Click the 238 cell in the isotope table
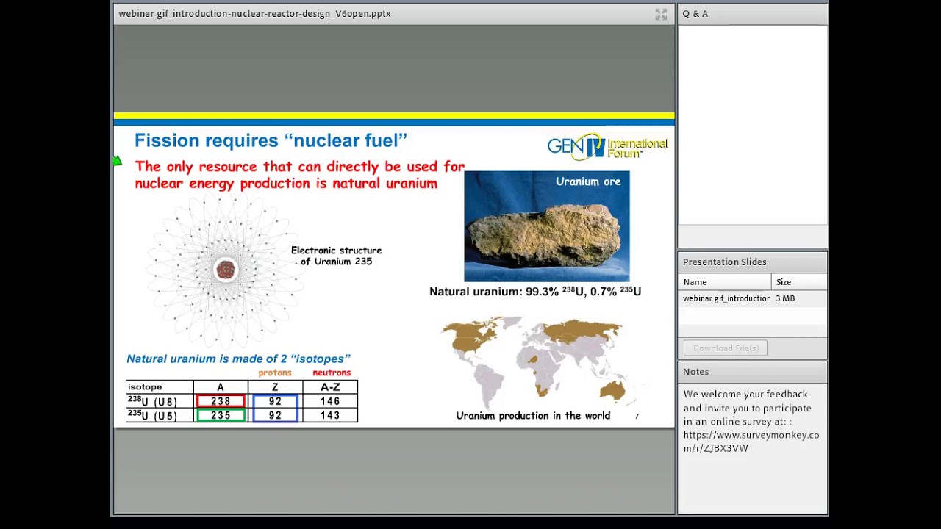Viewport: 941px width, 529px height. tap(221, 401)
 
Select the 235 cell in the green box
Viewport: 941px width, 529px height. tap(221, 415)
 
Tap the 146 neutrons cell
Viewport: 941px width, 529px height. tap(330, 401)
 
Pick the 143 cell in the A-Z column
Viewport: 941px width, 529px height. tap(330, 415)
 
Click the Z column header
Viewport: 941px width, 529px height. tap(275, 387)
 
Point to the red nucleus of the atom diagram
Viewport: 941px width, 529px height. tap(226, 270)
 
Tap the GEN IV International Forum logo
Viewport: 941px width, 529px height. tap(607, 146)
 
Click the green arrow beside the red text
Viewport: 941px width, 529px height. tap(118, 161)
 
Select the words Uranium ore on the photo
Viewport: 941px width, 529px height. tap(587, 181)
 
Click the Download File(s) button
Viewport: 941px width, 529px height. tap(725, 348)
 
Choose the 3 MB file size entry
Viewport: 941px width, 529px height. tap(785, 298)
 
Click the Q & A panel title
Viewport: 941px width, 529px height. tap(695, 14)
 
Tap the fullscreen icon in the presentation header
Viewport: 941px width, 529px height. tap(661, 14)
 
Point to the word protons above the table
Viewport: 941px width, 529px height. tap(275, 373)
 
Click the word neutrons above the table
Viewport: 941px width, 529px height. tap(332, 373)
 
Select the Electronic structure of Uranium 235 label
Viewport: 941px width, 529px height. tap(336, 256)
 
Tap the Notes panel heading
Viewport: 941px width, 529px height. tap(695, 372)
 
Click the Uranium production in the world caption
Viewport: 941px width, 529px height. tap(533, 416)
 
